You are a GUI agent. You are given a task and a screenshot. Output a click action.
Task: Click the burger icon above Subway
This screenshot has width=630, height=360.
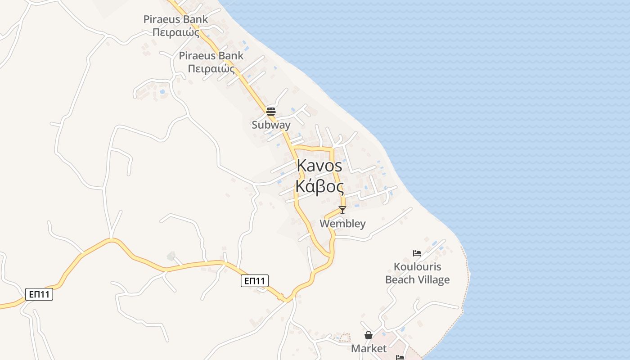click(x=271, y=111)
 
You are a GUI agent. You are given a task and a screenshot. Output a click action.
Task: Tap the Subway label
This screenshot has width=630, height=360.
click(x=271, y=125)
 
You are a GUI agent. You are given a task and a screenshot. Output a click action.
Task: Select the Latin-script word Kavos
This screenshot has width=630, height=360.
click(x=319, y=166)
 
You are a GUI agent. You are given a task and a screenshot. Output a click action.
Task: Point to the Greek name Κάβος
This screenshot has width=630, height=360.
click(x=319, y=186)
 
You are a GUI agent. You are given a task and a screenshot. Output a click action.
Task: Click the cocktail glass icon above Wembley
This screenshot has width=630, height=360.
click(x=342, y=210)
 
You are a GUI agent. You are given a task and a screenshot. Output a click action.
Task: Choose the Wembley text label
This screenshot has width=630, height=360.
click(x=342, y=224)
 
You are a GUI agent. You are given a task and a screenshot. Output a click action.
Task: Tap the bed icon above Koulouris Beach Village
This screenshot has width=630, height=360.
click(x=417, y=253)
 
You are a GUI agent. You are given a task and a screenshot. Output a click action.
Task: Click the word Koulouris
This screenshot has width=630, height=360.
click(x=418, y=267)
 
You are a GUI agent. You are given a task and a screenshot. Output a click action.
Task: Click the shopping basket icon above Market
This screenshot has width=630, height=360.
click(x=369, y=335)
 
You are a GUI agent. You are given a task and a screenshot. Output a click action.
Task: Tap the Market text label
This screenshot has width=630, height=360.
click(x=369, y=349)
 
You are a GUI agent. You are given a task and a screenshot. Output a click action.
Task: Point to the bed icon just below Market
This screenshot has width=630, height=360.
click(x=400, y=358)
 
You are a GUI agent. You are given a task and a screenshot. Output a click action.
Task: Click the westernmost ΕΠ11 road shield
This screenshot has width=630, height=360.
click(x=39, y=295)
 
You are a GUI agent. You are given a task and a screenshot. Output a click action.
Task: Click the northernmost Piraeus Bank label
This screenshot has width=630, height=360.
click(x=175, y=19)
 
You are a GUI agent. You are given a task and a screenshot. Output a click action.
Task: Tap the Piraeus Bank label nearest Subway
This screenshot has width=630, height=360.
click(x=211, y=56)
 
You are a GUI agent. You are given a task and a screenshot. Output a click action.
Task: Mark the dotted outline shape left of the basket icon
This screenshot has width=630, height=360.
click(x=344, y=337)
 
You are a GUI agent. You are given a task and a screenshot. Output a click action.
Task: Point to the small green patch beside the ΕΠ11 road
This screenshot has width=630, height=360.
click(x=171, y=256)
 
